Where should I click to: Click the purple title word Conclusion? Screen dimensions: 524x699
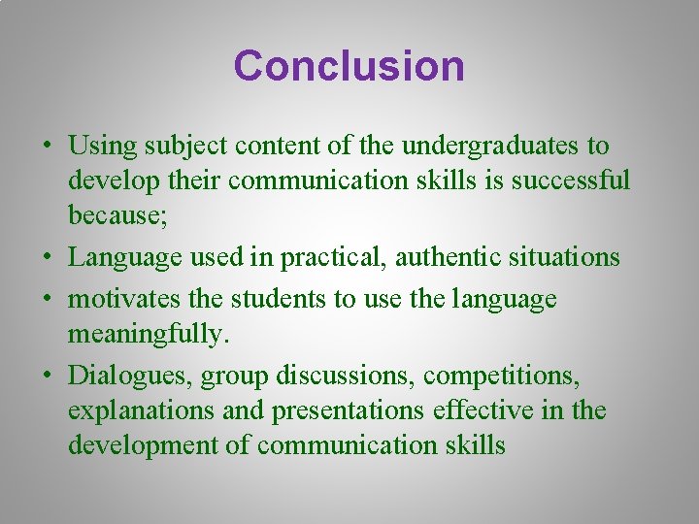pyautogui.click(x=349, y=66)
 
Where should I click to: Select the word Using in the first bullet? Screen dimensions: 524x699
pyautogui.click(x=102, y=147)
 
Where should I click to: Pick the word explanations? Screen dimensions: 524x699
pyautogui.click(x=141, y=410)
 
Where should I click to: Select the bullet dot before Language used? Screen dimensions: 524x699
pyautogui.click(x=47, y=258)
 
